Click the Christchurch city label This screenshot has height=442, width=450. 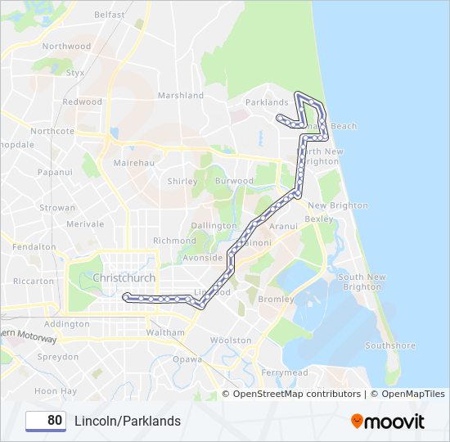(x=124, y=277)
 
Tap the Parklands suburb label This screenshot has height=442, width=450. (x=267, y=102)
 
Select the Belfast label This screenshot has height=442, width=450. (x=110, y=15)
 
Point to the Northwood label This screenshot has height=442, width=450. (x=66, y=47)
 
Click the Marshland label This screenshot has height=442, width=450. (x=180, y=96)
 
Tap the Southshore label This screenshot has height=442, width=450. (x=390, y=345)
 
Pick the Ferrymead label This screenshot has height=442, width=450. (x=284, y=372)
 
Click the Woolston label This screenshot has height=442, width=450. (x=231, y=340)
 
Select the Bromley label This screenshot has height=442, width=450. (x=276, y=300)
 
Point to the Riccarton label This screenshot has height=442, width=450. (x=35, y=281)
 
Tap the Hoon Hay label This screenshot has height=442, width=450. (x=56, y=391)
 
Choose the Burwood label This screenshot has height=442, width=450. (x=234, y=181)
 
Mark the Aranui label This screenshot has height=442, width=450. (x=283, y=225)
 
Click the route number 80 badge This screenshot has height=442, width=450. (x=46, y=421)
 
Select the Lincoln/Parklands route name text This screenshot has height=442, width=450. (x=128, y=421)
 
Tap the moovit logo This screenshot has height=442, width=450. (x=388, y=421)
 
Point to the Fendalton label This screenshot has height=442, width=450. (x=34, y=246)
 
